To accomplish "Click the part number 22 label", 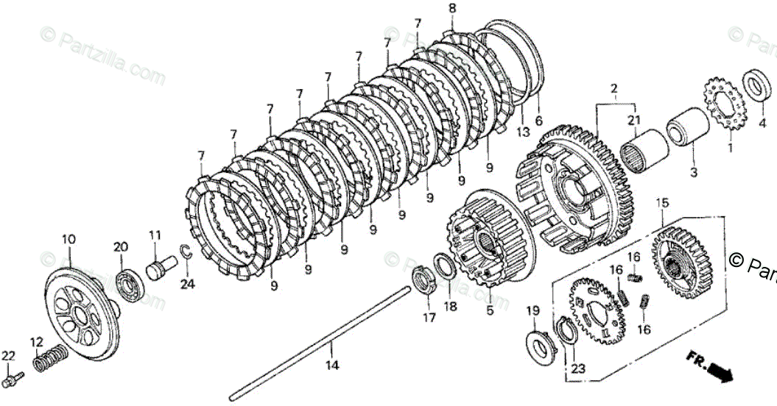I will tap(7, 356).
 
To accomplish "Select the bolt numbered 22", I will tap(14, 380).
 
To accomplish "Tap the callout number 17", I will tap(429, 318).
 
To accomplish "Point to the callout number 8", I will tap(451, 8).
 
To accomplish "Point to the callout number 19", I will tap(532, 310).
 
